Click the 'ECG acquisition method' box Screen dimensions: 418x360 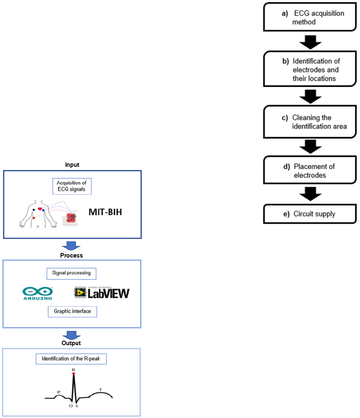pyautogui.click(x=307, y=18)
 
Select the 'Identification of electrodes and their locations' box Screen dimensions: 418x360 pyautogui.click(x=307, y=70)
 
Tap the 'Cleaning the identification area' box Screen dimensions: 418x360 pyautogui.click(x=307, y=122)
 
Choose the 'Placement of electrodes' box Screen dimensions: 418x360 pyautogui.click(x=307, y=170)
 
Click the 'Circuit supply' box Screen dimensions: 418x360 pyautogui.click(x=307, y=214)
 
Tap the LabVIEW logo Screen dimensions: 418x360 pyautogui.click(x=102, y=292)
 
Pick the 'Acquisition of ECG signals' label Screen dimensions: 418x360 pyautogui.click(x=72, y=186)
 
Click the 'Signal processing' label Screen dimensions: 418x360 pyautogui.click(x=71, y=273)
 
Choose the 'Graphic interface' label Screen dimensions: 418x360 pyautogui.click(x=72, y=311)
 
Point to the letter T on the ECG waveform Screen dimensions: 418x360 pyautogui.click(x=100, y=389)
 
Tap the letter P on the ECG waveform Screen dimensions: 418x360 pyautogui.click(x=59, y=392)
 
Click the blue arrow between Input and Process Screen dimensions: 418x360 pyautogui.click(x=72, y=245)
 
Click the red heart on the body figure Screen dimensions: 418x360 pyautogui.click(x=39, y=208)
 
